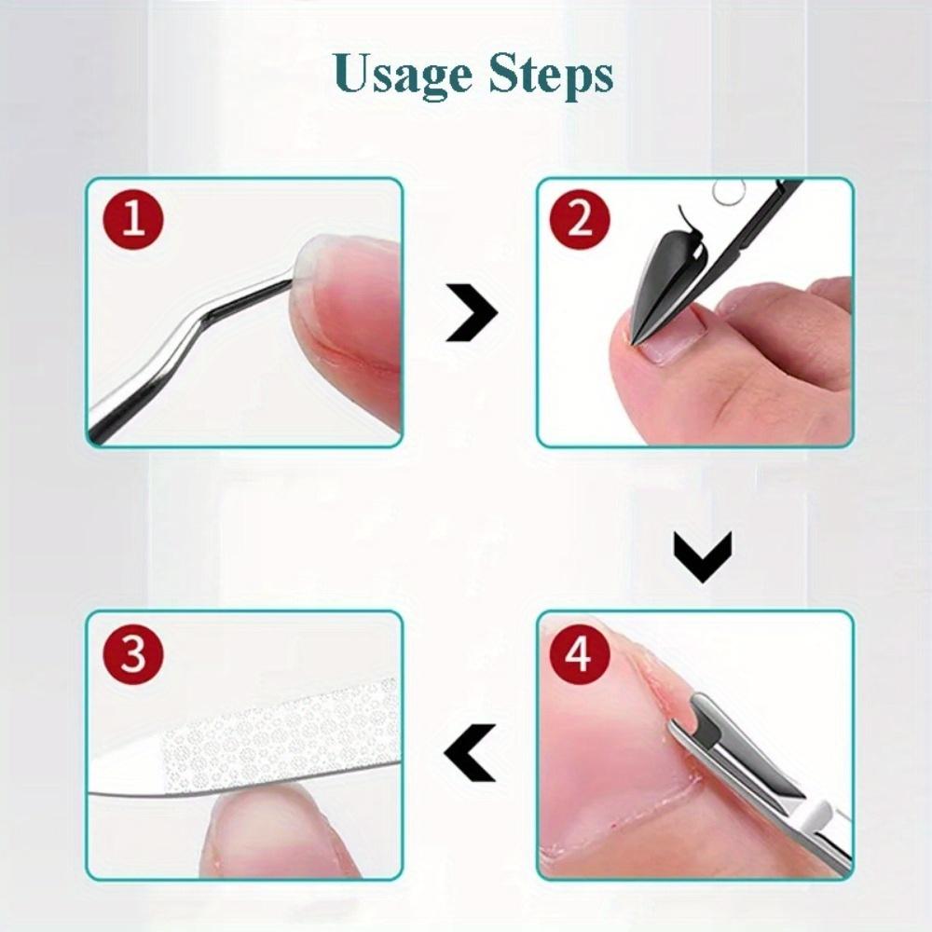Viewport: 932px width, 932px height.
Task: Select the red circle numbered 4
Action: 579,654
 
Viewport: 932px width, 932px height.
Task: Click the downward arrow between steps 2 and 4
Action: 704,556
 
